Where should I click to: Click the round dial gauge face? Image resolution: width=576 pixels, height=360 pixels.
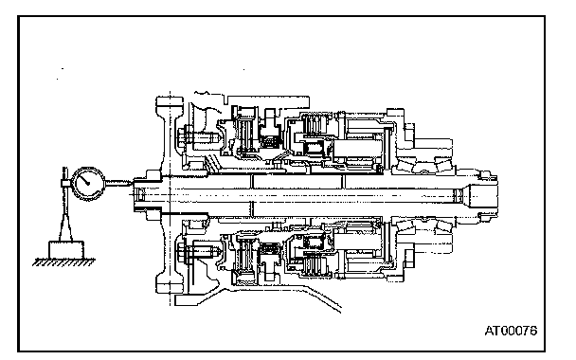87,184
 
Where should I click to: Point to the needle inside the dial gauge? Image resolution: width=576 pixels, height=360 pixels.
85,180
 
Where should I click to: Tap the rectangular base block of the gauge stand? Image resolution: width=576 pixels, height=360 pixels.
66,250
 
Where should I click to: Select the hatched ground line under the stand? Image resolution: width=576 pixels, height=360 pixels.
63,261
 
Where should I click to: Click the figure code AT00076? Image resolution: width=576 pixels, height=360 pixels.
511,331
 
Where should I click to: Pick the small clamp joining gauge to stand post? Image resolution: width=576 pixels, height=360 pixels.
65,183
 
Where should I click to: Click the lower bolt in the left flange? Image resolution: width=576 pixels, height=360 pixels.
198,252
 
